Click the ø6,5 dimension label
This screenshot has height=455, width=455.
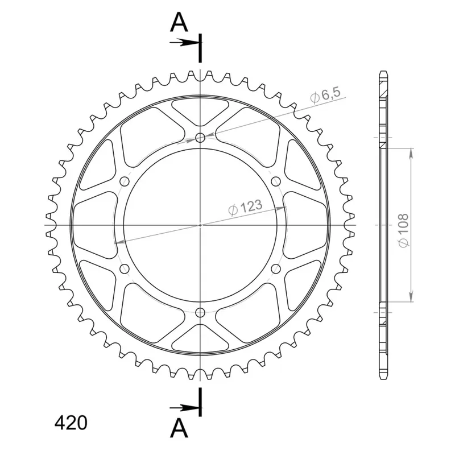[325, 94]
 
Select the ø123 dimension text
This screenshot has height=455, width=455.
[246, 208]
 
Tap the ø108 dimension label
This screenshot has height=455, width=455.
[404, 231]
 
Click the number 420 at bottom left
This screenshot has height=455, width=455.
[71, 423]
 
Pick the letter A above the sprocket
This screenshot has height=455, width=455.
[179, 23]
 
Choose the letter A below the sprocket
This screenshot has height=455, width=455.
[179, 428]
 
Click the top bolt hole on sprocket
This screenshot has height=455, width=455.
[200, 138]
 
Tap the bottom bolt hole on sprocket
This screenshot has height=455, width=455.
[200, 312]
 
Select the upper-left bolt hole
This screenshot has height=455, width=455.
[125, 181]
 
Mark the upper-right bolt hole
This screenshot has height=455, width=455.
[276, 181]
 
